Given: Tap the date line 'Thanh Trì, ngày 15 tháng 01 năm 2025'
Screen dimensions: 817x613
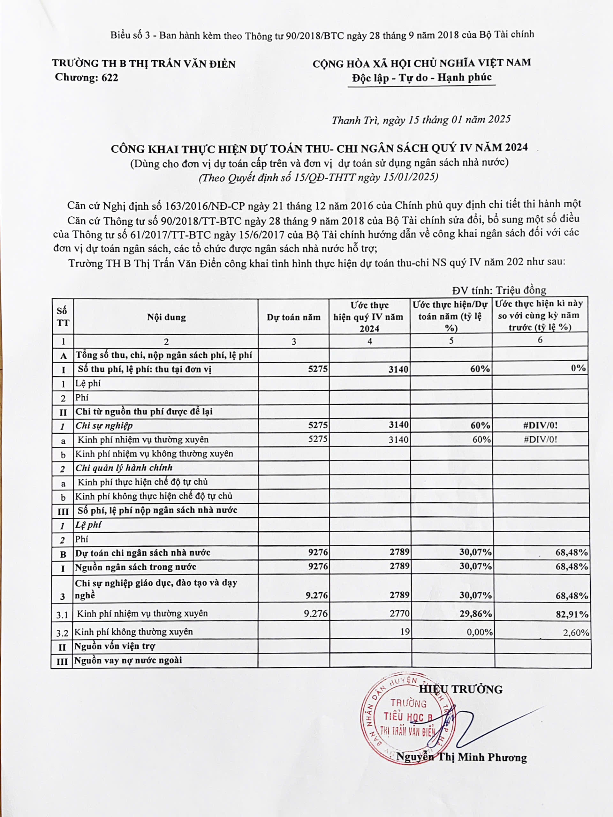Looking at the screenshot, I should click(x=421, y=120).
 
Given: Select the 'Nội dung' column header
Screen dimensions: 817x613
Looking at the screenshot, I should click(x=166, y=317).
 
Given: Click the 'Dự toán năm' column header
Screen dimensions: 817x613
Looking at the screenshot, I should click(x=293, y=317).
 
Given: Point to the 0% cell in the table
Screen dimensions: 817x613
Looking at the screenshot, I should click(x=578, y=368).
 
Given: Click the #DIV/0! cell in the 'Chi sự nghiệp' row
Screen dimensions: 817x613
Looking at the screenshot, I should click(x=540, y=425).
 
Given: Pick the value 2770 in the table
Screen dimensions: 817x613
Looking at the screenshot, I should click(x=399, y=613).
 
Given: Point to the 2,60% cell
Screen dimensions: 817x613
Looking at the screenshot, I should click(x=576, y=633).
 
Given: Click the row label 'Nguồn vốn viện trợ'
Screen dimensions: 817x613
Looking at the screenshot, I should click(x=115, y=646).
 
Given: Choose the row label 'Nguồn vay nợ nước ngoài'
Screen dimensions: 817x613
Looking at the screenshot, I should click(x=128, y=660).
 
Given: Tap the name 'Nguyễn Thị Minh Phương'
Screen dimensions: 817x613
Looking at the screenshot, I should click(x=461, y=757).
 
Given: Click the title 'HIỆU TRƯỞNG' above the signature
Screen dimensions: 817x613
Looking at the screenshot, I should click(x=460, y=690).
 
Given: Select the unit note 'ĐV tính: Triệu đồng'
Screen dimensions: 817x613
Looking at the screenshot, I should click(x=499, y=290).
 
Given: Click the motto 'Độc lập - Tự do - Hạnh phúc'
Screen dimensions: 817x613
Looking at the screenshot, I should click(x=422, y=78).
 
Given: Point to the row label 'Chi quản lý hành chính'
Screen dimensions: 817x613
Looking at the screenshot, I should click(x=124, y=468).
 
